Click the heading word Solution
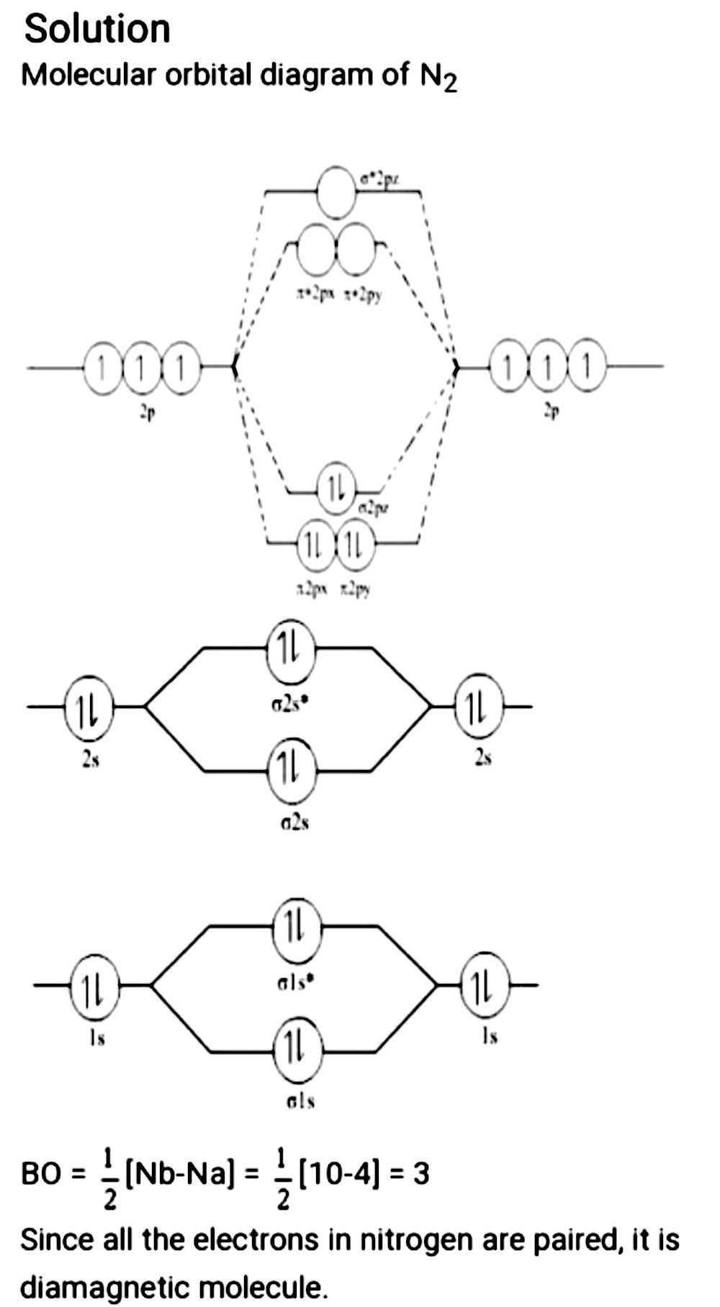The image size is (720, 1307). click(97, 30)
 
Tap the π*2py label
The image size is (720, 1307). click(363, 294)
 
